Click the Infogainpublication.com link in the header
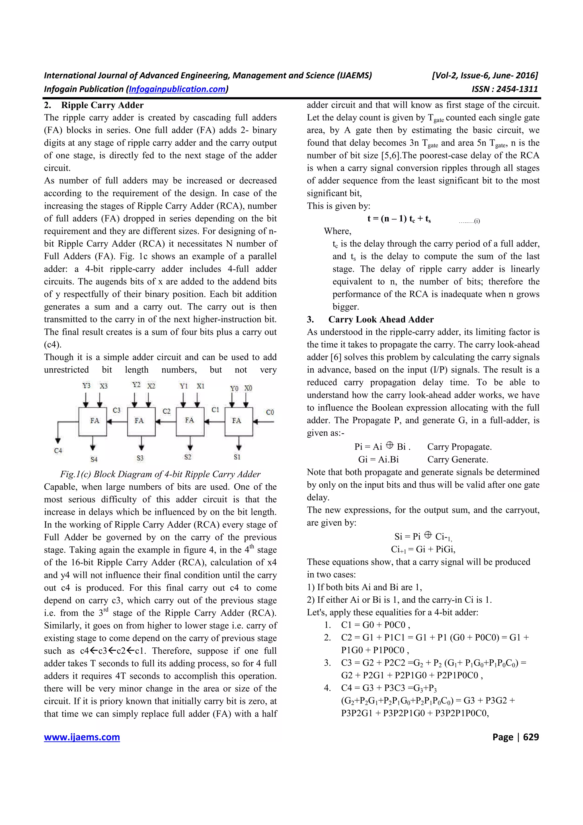pos(177,89)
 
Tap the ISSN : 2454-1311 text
pos(505,89)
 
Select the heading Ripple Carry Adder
pos(102,105)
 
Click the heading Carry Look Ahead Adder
pos(381,319)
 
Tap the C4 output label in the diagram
pos(58,450)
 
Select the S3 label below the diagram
pos(140,458)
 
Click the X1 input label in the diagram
pos(200,386)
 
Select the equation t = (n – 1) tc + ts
pos(399,219)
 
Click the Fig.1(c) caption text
pos(160,474)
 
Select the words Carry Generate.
pos(457,459)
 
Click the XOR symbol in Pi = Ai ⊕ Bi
pos(389,446)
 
